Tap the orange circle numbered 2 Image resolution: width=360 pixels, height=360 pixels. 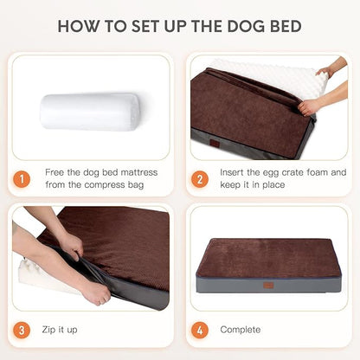coord(200,178)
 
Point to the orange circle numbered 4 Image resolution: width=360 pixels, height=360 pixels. coord(200,329)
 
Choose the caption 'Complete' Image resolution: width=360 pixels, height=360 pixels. coord(240,329)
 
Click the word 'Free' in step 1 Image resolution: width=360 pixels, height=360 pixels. coord(55,171)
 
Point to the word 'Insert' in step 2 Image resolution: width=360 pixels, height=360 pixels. coord(235,171)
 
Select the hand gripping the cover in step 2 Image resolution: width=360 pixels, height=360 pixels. coord(309,106)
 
